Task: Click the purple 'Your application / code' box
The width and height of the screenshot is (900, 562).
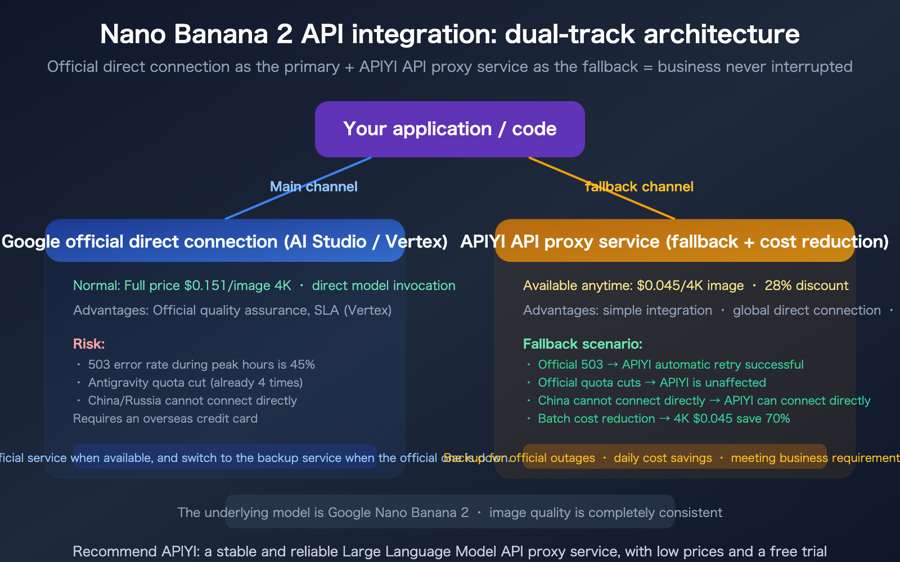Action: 449,129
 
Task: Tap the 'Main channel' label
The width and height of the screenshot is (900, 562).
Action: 313,187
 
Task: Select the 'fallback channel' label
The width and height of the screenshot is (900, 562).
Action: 639,187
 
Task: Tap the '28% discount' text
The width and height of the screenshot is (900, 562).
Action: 806,285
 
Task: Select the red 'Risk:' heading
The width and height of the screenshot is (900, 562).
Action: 89,344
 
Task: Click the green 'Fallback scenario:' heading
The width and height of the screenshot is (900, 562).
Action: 582,344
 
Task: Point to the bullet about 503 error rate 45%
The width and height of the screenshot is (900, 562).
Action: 201,365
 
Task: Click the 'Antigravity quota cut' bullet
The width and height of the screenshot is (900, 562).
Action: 195,383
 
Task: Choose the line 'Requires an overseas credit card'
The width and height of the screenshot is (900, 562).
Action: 165,419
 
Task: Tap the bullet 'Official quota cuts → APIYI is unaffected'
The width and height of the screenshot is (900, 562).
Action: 651,383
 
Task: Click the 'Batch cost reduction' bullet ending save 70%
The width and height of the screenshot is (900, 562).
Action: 664,419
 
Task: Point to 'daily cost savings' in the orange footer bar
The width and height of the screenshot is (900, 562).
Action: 663,458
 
